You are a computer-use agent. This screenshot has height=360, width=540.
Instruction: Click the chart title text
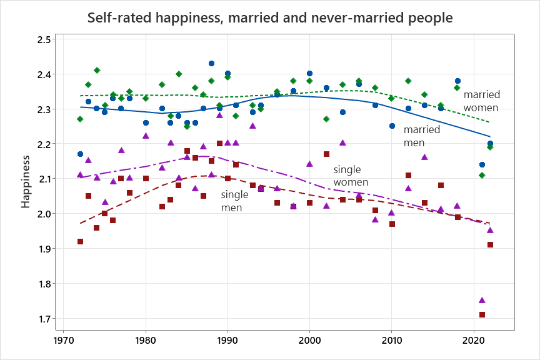click(270, 17)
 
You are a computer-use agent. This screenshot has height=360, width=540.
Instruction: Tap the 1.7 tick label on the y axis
click(47, 319)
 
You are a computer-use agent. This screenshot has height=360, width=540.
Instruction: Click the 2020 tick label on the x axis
click(474, 342)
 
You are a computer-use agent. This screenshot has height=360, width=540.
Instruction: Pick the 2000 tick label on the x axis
click(309, 342)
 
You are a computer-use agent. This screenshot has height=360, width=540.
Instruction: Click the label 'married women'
click(481, 101)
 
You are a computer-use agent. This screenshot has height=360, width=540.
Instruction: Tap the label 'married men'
click(422, 136)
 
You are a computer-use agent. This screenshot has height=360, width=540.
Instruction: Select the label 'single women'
click(351, 176)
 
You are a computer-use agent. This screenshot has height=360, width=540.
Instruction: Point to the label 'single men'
click(235, 201)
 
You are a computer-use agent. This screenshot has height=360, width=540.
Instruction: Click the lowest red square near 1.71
click(482, 315)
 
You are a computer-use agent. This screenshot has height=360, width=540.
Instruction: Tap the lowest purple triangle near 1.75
click(482, 301)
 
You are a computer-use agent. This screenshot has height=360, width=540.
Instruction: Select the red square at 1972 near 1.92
click(80, 241)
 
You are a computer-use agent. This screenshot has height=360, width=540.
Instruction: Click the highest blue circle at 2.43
click(211, 64)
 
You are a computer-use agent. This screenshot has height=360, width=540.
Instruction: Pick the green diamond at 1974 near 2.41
click(97, 70)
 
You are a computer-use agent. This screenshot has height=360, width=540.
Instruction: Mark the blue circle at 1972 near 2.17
click(80, 154)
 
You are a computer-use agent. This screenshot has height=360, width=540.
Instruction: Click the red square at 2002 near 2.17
click(326, 154)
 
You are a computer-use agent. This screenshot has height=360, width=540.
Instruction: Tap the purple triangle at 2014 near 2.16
click(424, 157)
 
